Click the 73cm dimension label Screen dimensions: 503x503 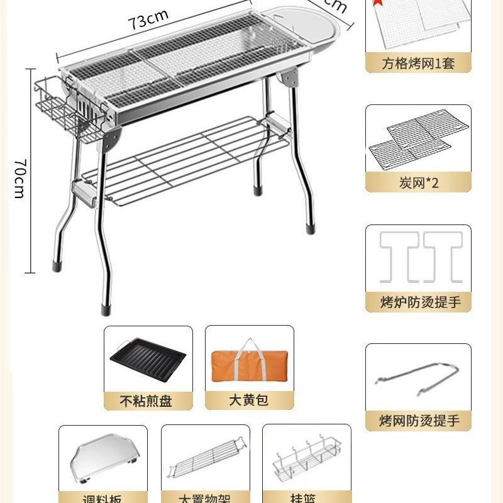[149, 21]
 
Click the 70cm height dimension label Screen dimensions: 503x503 [19, 179]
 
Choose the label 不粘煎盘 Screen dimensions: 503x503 [148, 401]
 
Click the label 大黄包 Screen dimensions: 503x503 [248, 400]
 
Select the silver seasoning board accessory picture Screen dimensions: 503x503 [102, 459]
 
